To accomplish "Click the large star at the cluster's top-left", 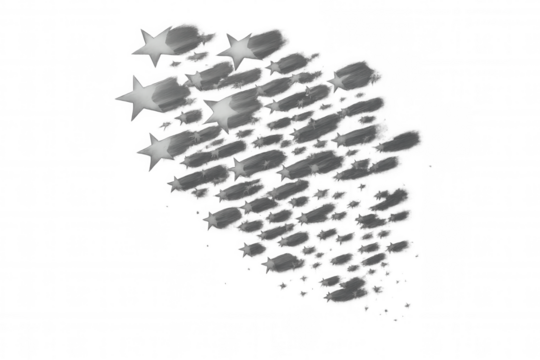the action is (x=152, y=45).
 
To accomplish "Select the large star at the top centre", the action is (x=238, y=45).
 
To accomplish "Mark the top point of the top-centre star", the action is (x=240, y=30).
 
